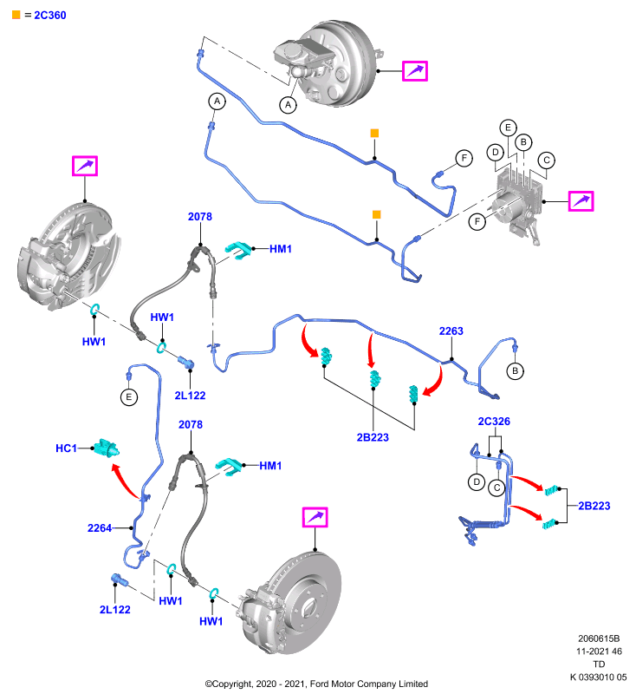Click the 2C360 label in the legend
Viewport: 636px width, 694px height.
coord(50,15)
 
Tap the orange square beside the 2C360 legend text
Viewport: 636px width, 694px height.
coord(16,15)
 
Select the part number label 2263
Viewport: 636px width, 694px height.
coord(451,331)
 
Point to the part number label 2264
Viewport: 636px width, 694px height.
coord(100,528)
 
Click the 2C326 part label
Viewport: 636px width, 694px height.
coord(494,422)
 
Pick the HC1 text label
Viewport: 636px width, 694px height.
coord(67,448)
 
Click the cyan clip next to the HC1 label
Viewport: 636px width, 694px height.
coord(106,448)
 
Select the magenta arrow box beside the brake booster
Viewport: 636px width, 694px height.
coord(414,71)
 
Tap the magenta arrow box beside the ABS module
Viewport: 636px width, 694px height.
coord(581,201)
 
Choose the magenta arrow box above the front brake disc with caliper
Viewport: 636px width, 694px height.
coord(315,517)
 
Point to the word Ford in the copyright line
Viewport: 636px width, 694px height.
coord(320,684)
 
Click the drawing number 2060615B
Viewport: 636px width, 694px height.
coord(599,638)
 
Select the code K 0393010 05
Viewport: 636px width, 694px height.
coord(598,678)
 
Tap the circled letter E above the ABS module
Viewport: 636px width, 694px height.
coord(508,128)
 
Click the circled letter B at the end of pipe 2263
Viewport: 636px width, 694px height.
coord(515,371)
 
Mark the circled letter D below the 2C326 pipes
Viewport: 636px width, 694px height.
coord(477,481)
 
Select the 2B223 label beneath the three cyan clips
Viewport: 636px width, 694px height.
coord(373,437)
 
